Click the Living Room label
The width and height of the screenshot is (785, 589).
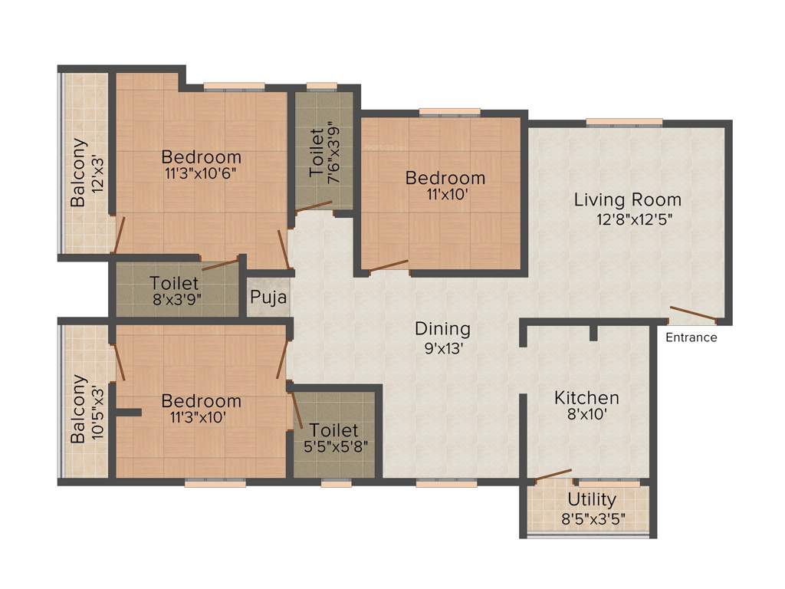point(628,200)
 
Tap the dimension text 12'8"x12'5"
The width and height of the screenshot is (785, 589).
point(628,219)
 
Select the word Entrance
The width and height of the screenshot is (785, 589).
point(691,337)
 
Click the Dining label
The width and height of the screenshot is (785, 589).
point(442,329)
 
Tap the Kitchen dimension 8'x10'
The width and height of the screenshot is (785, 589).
point(586,417)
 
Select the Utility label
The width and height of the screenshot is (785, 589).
point(591,500)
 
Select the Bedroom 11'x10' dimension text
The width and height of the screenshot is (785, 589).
point(445,196)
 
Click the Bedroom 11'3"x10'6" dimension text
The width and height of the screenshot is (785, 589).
point(202,175)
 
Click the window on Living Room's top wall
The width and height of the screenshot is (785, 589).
point(624,121)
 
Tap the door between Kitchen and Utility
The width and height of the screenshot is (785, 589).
point(553,475)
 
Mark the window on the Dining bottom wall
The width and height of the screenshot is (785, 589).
point(446,483)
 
